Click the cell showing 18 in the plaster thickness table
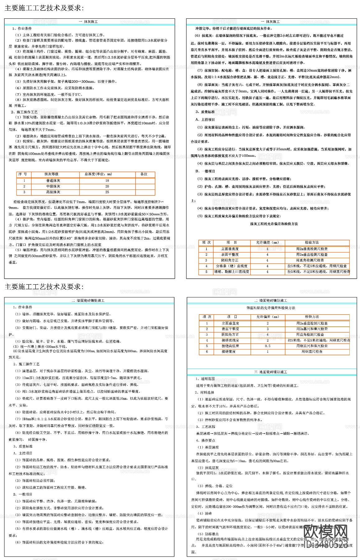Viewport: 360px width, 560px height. (x=107, y=180)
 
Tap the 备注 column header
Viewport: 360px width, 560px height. (x=144, y=174)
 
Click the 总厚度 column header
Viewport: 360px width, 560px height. (x=98, y=174)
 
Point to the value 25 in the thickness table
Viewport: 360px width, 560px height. (x=107, y=192)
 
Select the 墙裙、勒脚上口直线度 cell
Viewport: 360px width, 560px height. (x=231, y=272)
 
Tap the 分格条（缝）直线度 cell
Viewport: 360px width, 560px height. (x=231, y=266)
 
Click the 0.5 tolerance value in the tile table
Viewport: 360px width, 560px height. (x=268, y=346)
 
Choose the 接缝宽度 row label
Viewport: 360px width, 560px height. (x=230, y=352)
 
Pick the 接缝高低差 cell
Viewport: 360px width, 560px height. (x=230, y=346)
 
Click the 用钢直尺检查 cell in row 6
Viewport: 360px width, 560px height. (x=312, y=352)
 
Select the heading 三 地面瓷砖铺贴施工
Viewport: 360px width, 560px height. (x=270, y=372)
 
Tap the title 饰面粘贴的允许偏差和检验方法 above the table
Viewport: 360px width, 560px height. (x=271, y=308)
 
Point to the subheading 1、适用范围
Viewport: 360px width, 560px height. (x=205, y=379)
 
